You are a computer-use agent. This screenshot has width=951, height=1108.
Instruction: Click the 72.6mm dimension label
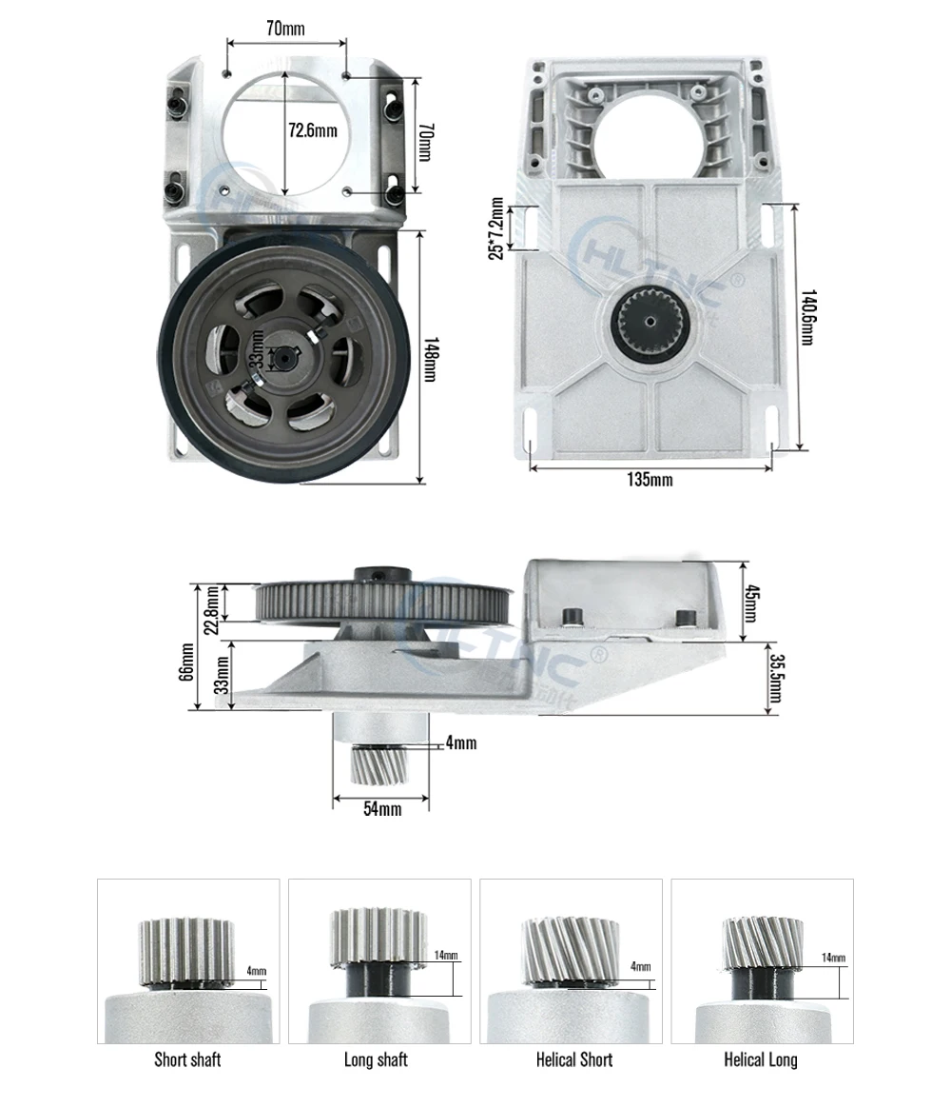pyautogui.click(x=313, y=130)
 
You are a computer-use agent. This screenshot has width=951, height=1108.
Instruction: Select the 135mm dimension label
pyautogui.click(x=650, y=480)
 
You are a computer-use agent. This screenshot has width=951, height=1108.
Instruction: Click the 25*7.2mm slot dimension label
pyautogui.click(x=495, y=228)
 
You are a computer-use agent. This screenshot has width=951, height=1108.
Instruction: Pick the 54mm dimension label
pyautogui.click(x=382, y=808)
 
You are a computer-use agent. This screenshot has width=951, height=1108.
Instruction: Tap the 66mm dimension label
pyautogui.click(x=187, y=662)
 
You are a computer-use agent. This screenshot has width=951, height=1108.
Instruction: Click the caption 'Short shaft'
pyautogui.click(x=187, y=1059)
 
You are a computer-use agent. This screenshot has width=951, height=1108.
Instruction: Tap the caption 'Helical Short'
pyautogui.click(x=573, y=1059)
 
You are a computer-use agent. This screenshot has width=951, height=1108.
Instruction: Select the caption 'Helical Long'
pyautogui.click(x=761, y=1059)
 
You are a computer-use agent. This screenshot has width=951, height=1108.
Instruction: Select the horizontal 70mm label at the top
pyautogui.click(x=285, y=29)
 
